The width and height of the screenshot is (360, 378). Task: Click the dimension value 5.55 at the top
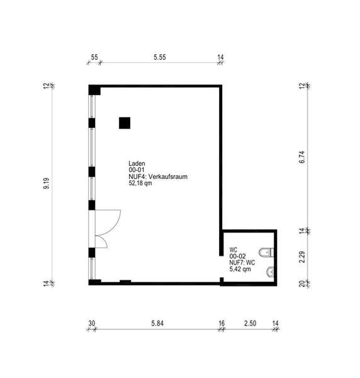[160, 57]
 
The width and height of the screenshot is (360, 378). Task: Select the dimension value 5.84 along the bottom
[157, 323]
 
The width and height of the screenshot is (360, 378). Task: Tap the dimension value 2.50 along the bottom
[250, 323]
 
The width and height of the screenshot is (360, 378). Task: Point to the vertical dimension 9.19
[46, 183]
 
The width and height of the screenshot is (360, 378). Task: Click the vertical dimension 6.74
[302, 157]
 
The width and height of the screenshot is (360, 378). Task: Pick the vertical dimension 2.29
[302, 257]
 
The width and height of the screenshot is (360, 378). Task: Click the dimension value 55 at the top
[94, 57]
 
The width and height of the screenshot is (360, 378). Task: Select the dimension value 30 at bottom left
[92, 323]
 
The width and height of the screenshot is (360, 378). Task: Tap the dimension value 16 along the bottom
[222, 323]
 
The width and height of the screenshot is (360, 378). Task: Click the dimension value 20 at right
[302, 283]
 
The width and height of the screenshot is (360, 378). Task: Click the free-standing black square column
[125, 123]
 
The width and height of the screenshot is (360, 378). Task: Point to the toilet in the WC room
[266, 253]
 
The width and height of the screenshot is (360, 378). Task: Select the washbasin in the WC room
[270, 272]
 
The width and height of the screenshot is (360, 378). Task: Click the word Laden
[137, 163]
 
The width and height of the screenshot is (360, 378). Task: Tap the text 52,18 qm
[140, 183]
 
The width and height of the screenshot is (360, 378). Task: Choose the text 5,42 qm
[240, 269]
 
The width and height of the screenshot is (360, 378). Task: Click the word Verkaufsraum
[168, 176]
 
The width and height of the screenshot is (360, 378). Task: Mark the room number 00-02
[237, 256]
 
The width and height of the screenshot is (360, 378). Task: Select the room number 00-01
[137, 170]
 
